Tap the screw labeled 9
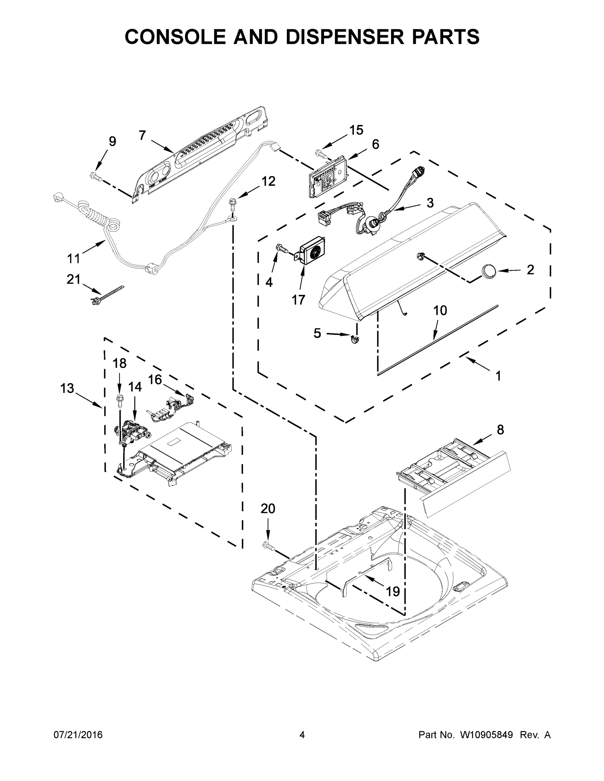tap(95, 176)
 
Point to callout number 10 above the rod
tap(440, 310)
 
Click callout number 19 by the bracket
tap(393, 592)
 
